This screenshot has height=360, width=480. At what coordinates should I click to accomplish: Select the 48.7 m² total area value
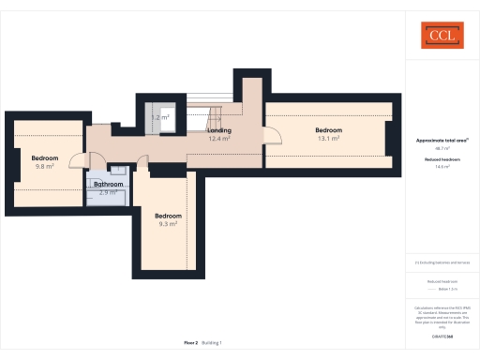pos(441,148)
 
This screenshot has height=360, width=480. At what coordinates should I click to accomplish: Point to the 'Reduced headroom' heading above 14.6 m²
pos(441,159)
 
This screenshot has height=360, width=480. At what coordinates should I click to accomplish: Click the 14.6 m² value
pos(441,167)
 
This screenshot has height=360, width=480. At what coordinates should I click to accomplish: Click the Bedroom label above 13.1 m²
pos(328,129)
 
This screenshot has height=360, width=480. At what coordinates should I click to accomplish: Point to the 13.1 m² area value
pos(328,138)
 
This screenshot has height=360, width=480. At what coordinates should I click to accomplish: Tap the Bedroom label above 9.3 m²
pos(168,216)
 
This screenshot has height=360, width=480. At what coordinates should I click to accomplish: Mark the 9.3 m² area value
pos(168,224)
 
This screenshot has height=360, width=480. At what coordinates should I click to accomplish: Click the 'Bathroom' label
pos(109,184)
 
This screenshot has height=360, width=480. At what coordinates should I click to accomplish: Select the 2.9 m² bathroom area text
pos(109,192)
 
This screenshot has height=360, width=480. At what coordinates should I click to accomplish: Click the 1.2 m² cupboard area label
pos(159,117)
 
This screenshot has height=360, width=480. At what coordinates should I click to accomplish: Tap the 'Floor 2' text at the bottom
pos(191,343)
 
